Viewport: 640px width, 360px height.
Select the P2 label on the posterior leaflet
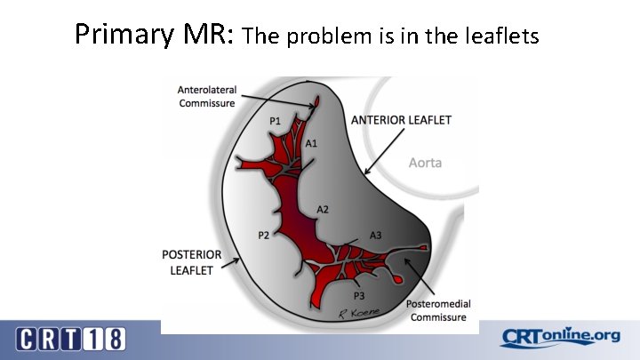click(x=264, y=235)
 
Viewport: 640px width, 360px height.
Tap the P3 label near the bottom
click(x=360, y=296)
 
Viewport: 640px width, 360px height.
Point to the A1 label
click(x=312, y=142)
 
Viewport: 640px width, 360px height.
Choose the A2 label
click(x=324, y=209)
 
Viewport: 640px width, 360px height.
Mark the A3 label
click(x=375, y=235)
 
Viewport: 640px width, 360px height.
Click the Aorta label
click(x=425, y=163)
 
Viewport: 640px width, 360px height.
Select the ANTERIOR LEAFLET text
click(x=402, y=120)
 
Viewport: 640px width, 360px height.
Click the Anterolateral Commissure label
click(x=206, y=96)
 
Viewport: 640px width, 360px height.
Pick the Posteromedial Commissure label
click(x=438, y=311)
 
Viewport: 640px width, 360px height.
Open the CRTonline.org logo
click(x=560, y=336)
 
